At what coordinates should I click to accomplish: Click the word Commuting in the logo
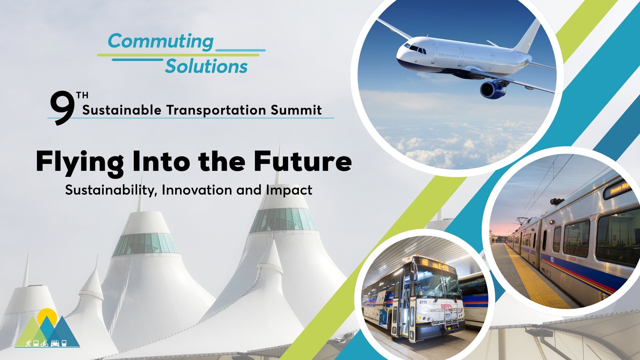click(161, 41)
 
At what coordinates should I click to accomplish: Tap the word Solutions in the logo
click(206, 67)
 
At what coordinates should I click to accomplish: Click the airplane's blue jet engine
click(492, 89)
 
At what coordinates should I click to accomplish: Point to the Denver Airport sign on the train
click(619, 189)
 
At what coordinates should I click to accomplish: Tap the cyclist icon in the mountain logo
click(44, 343)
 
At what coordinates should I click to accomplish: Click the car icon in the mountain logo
click(55, 343)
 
